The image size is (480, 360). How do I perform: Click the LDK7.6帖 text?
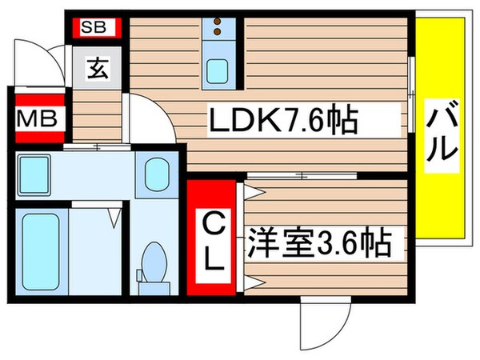pos(282,122)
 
